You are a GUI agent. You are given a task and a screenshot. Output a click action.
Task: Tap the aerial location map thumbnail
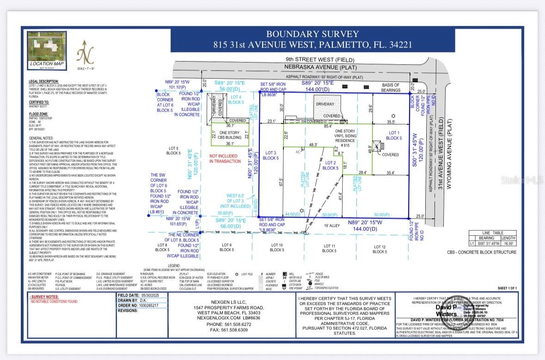click(x=46, y=46)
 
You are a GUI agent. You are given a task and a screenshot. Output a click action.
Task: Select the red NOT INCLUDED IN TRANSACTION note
click(x=225, y=159)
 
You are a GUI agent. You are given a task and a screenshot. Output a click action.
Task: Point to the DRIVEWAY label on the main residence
click(x=328, y=105)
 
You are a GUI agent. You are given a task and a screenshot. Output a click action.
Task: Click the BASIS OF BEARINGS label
click(x=391, y=88)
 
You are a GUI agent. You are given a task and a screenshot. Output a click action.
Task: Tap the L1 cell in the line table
click(x=472, y=243)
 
